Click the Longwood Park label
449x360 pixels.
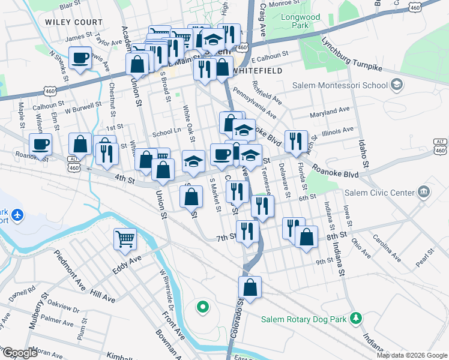coord(301,22)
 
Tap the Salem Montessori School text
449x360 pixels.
coord(340,85)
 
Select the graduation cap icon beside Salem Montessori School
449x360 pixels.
coord(396,85)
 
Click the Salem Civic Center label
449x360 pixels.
coord(379,193)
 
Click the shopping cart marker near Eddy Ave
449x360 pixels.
coord(125,239)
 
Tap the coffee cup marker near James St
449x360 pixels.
coord(80,58)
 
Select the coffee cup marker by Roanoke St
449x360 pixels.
coord(41,144)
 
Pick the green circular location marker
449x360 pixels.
coord(203,308)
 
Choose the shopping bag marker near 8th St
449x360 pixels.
coord(307,236)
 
